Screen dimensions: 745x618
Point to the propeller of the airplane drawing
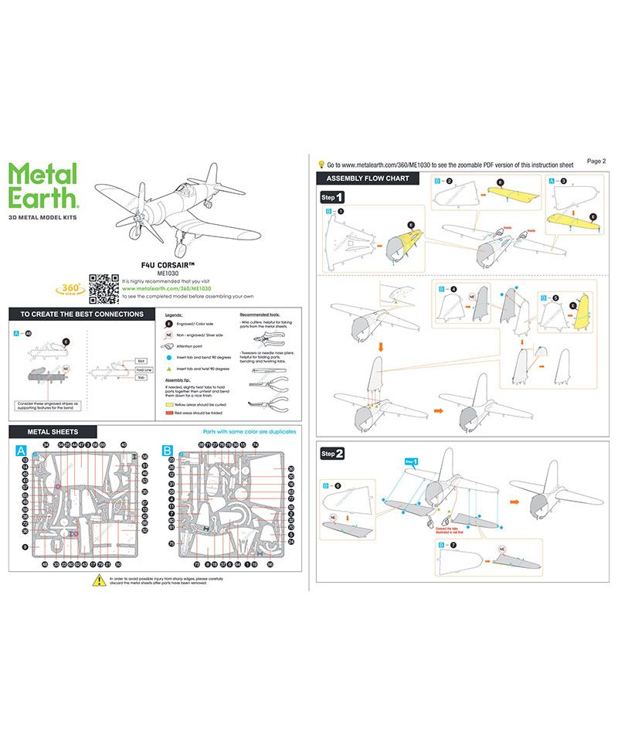tap(137, 206)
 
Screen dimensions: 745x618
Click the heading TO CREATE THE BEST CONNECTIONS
tap(81, 315)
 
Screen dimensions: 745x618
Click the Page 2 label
tap(596, 161)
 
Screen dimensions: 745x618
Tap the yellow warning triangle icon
tap(98, 580)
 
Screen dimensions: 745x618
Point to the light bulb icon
tap(321, 165)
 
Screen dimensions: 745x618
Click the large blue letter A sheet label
tap(20, 449)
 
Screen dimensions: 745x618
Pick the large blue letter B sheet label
tap(168, 449)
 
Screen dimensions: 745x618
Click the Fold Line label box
tap(143, 369)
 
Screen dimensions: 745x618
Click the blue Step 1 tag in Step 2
tap(410, 461)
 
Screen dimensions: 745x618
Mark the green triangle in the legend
tap(170, 369)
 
